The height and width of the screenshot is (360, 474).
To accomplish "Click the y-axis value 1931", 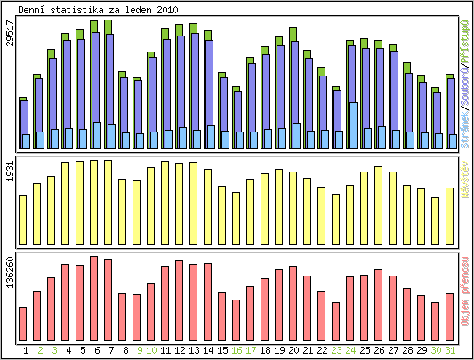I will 10,173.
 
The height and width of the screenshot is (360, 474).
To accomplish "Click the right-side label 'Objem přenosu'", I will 464,292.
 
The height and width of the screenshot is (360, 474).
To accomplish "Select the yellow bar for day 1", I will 23,219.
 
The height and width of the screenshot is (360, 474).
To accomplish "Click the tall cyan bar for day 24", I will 353,124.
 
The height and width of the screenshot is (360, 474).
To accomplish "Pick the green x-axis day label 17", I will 251,350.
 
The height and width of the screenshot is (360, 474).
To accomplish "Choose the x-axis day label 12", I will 180,350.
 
